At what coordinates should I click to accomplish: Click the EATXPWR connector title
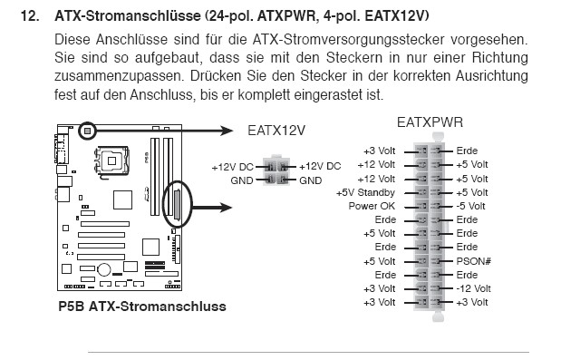430,122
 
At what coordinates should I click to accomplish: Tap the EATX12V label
276,131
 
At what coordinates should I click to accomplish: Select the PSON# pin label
473,261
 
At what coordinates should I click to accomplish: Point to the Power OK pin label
372,206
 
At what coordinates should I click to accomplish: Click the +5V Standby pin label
365,192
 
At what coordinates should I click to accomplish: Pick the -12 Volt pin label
473,288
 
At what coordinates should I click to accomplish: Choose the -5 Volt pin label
471,206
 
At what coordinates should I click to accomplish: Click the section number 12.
30,16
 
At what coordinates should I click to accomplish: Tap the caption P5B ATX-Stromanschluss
142,306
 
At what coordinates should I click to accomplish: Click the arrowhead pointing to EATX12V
227,131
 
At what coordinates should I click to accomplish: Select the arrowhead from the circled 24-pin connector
226,207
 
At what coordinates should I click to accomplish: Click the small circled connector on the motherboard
87,131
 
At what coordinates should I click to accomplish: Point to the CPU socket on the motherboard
111,161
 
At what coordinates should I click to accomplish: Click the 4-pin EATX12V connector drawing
276,170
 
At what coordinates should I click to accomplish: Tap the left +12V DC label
232,167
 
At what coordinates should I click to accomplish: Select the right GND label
311,180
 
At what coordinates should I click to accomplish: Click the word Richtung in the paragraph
499,58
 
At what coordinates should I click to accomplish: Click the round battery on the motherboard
104,269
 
